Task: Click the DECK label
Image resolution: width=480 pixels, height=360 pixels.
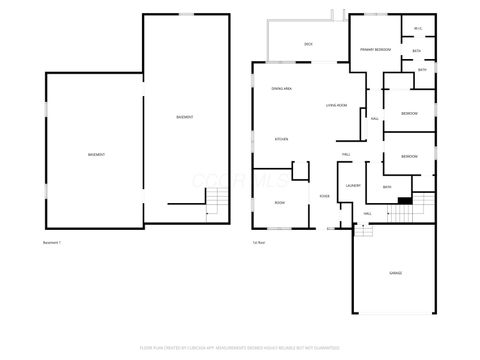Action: click(x=309, y=44)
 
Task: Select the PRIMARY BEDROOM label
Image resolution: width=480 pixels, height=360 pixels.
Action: click(x=374, y=49)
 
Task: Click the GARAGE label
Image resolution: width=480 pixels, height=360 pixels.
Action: click(x=396, y=273)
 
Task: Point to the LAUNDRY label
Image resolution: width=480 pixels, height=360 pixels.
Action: click(x=352, y=186)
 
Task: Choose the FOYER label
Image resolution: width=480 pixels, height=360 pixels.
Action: click(x=325, y=196)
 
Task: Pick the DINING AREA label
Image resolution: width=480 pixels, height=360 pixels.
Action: click(x=281, y=89)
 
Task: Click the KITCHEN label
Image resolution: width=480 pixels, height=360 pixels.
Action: click(x=282, y=139)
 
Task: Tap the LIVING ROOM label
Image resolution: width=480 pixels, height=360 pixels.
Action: click(x=336, y=105)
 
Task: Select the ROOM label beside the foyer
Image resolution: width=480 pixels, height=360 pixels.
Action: click(x=280, y=203)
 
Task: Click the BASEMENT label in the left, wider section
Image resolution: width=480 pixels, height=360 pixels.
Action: click(x=97, y=155)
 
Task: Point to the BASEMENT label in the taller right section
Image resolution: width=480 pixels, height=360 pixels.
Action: click(x=185, y=117)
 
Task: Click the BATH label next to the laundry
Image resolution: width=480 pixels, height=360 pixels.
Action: click(x=387, y=187)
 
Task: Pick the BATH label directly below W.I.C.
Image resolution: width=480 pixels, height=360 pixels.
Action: click(x=417, y=50)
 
